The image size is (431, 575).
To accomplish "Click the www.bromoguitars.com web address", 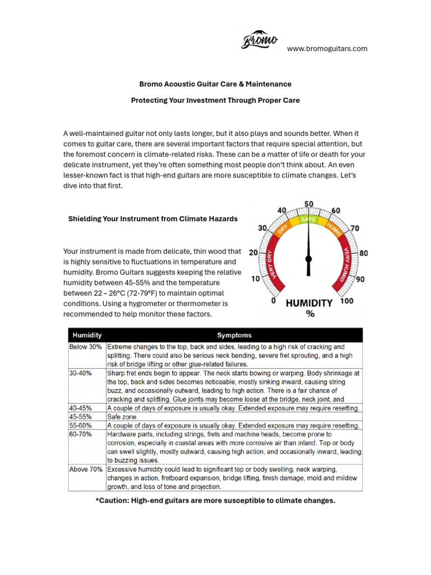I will click(327, 49).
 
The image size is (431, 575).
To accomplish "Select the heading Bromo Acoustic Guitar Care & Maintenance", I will click(215, 84).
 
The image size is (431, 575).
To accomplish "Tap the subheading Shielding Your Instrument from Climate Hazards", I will click(153, 218).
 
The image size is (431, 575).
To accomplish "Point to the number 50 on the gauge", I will click(309, 204).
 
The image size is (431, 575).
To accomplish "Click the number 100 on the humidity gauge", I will click(347, 302).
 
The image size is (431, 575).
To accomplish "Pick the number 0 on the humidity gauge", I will click(273, 301).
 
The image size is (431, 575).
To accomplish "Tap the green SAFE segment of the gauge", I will click(308, 219).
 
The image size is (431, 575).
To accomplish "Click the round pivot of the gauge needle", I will click(308, 259).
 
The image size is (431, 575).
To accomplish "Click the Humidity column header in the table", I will click(86, 335).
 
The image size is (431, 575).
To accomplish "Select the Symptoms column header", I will click(235, 335).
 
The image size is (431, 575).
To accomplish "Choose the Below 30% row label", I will click(86, 347).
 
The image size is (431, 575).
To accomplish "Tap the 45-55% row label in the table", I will click(81, 417).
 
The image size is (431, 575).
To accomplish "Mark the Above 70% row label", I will click(86, 469).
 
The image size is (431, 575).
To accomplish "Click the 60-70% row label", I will click(81, 434).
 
